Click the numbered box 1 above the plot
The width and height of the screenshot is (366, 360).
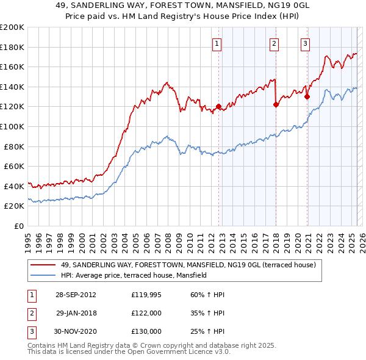(x=218, y=43)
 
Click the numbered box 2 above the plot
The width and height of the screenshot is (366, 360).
(x=274, y=43)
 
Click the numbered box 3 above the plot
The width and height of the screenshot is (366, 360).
(x=305, y=43)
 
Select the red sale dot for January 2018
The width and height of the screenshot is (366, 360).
(x=276, y=104)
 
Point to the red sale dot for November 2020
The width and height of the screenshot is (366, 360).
(x=307, y=96)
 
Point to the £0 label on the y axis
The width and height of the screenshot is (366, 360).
(x=20, y=226)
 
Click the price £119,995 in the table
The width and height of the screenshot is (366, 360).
(x=146, y=295)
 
